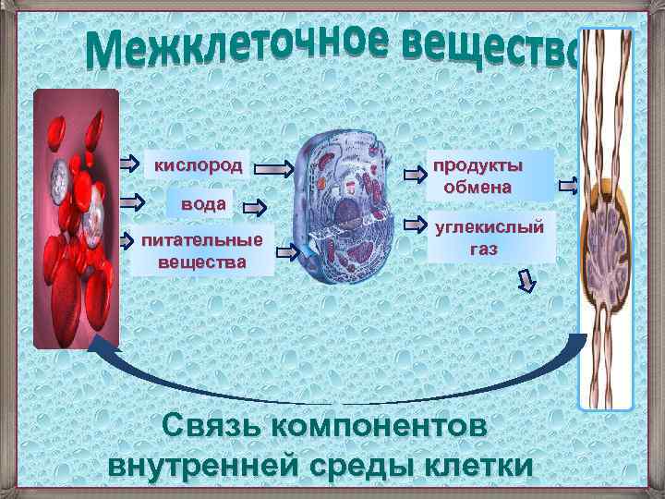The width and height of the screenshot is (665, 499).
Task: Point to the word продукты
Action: tap(478, 165)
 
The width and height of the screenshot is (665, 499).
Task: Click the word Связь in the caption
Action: tap(210, 427)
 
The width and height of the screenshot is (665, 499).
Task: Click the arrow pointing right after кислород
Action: tap(274, 168)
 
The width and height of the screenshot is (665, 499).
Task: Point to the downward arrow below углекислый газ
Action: tap(526, 280)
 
